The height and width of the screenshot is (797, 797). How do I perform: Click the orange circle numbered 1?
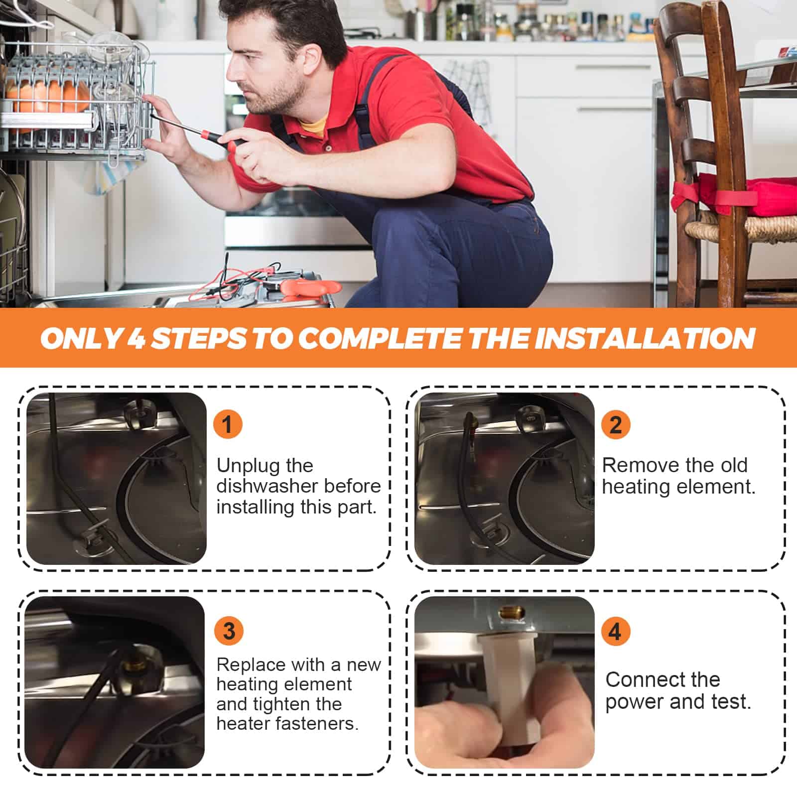[228, 424]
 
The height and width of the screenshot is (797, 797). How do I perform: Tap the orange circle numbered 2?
[616, 424]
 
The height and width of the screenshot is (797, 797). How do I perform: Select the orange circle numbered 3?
[229, 631]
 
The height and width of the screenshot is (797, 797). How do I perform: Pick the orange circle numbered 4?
[616, 631]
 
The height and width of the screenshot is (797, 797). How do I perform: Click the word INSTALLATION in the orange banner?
[648, 339]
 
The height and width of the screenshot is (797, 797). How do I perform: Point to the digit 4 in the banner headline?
[136, 339]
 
